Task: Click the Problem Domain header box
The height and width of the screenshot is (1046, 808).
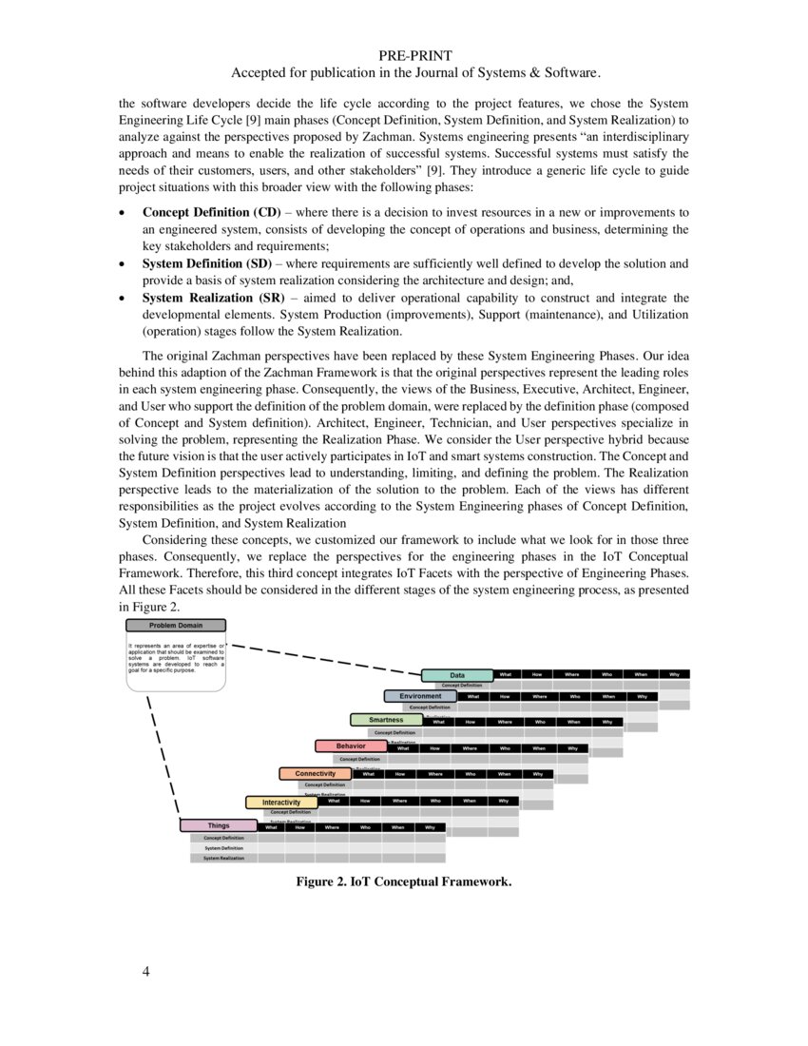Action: tap(176, 626)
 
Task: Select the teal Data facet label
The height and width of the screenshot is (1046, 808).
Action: tap(457, 675)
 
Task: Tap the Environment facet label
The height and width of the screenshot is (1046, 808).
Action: tap(420, 696)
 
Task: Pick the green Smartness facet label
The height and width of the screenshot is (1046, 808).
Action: tap(386, 720)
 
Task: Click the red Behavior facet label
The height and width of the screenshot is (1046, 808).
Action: tap(351, 746)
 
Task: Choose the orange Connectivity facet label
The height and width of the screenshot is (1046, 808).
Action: tap(315, 774)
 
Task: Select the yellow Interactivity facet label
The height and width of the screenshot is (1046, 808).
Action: tap(281, 803)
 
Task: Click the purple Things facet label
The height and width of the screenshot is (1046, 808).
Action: tap(219, 825)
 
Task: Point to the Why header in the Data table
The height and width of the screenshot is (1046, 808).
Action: tap(674, 674)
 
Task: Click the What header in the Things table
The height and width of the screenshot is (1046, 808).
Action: tap(271, 827)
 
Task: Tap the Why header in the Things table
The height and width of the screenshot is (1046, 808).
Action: tap(430, 827)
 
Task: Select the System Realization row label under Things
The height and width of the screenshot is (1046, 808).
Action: tap(224, 858)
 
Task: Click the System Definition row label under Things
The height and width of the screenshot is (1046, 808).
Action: tap(224, 847)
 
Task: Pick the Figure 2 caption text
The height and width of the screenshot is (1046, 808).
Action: tap(403, 882)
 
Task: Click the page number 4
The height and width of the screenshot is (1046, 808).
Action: tap(146, 972)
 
